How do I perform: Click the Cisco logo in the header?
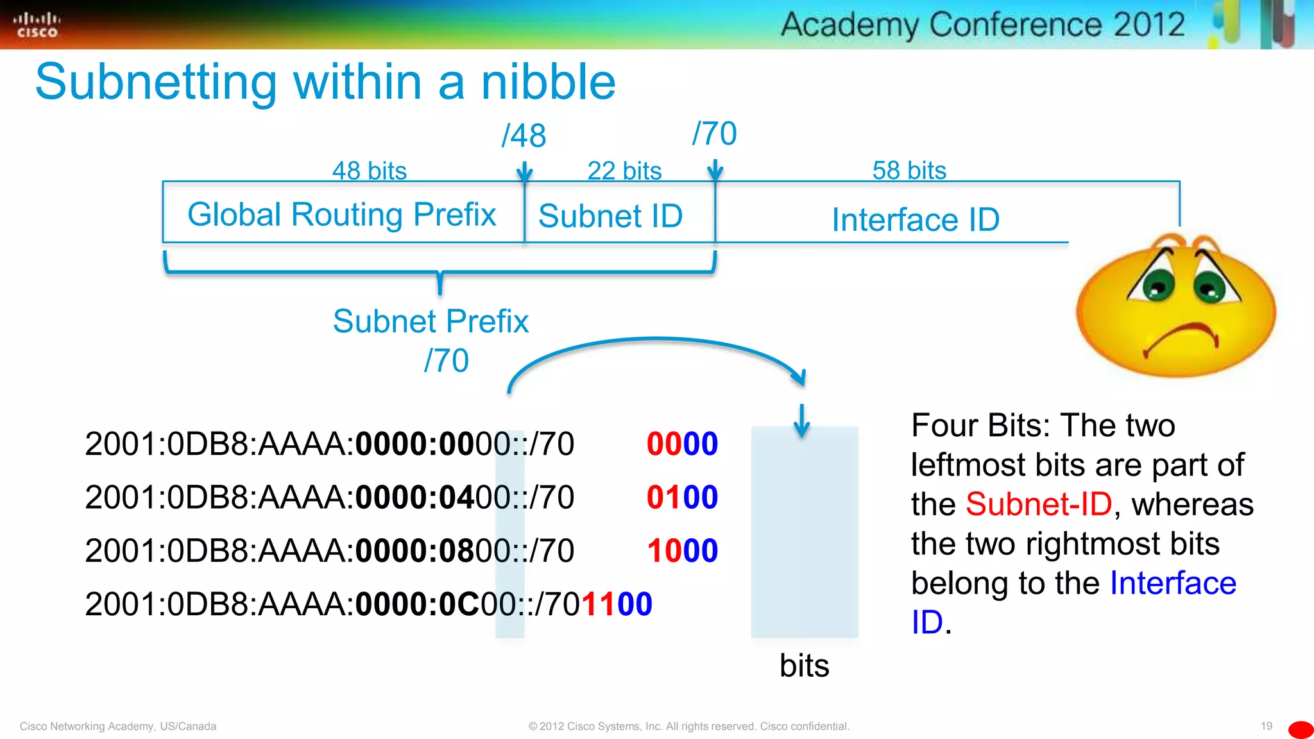click(x=37, y=25)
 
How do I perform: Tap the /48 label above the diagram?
click(x=524, y=135)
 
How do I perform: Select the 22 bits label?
click(x=624, y=171)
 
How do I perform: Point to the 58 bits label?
click(x=909, y=171)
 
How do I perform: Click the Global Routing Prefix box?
click(x=343, y=214)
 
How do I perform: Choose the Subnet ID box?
click(x=611, y=216)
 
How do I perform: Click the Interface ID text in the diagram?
click(x=915, y=219)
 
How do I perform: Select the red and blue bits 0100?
click(x=682, y=497)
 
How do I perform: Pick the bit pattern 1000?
click(x=682, y=550)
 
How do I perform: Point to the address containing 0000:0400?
click(x=329, y=497)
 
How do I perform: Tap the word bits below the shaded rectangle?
click(x=804, y=665)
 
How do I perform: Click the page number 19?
click(x=1266, y=726)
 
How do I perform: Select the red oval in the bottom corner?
click(x=1301, y=729)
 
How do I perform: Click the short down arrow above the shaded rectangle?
click(x=801, y=421)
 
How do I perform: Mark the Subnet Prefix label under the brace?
click(x=431, y=321)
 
